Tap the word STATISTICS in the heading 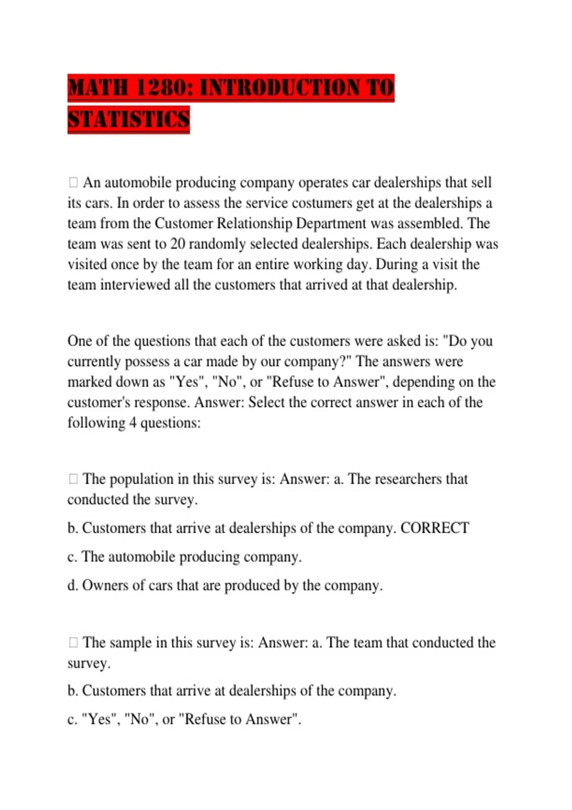(129, 120)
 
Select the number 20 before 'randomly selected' (178, 244)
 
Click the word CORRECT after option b (435, 528)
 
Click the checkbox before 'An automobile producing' (73, 182)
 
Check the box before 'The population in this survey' (73, 479)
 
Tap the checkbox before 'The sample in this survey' (73, 642)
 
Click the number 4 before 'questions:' (133, 423)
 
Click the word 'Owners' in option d (104, 585)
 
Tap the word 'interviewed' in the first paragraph (135, 285)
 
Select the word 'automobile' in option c (142, 557)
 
